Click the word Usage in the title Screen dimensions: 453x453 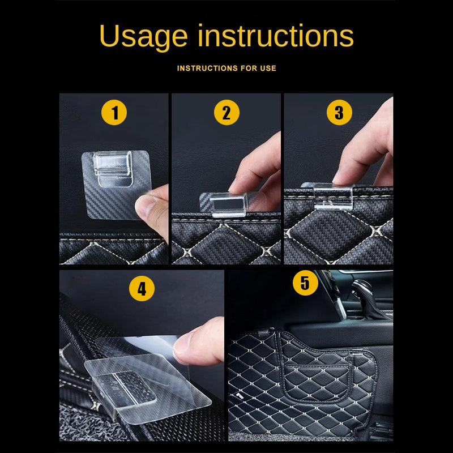(x=144, y=37)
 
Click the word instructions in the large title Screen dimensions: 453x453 (x=276, y=35)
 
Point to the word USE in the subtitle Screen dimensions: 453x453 (x=268, y=68)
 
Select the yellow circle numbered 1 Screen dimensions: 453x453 (x=114, y=112)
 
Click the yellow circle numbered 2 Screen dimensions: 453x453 (x=226, y=112)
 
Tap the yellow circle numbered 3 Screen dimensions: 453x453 (x=339, y=112)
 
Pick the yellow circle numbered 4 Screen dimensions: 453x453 (x=142, y=289)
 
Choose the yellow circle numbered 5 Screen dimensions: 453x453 (x=305, y=283)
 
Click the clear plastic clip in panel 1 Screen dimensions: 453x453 (x=113, y=169)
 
